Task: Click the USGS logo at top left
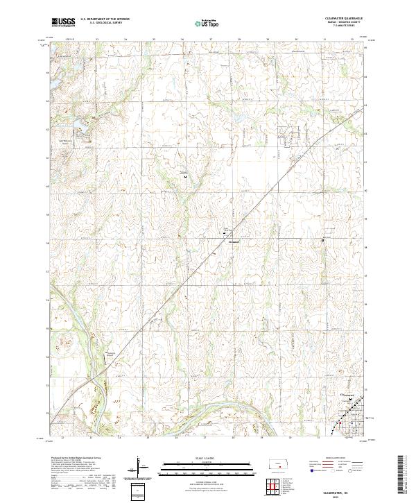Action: click(x=64, y=22)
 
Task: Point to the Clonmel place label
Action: click(x=233, y=241)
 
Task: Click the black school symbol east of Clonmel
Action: click(x=322, y=241)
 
